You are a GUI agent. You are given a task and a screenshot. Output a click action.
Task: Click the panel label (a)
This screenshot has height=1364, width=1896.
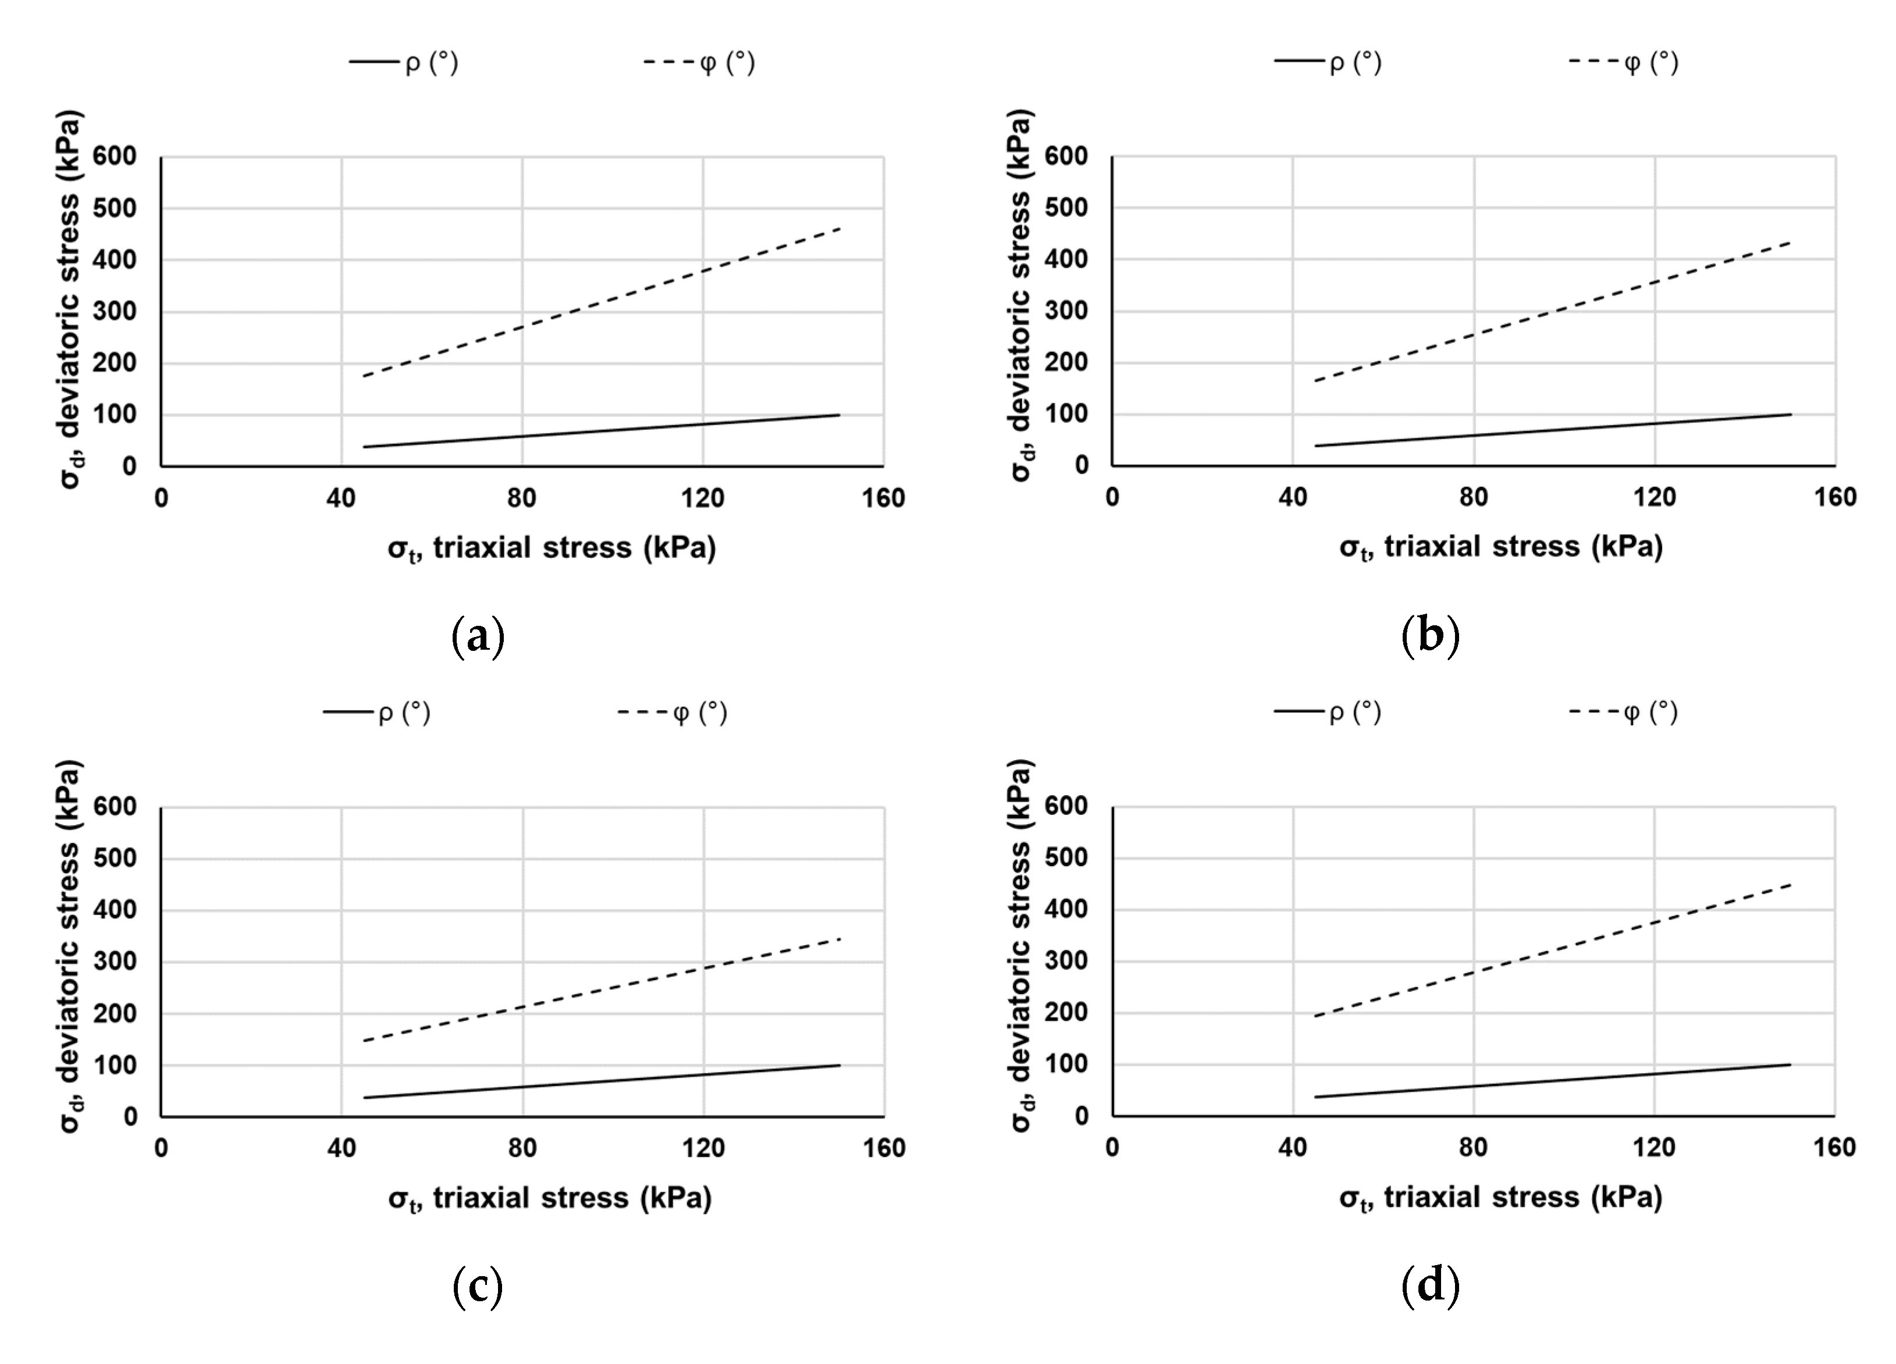pos(477,637)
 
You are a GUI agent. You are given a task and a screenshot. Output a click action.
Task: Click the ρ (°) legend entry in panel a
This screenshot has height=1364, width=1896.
pos(404,63)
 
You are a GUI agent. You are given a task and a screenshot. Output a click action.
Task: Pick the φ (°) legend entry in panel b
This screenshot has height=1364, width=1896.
pos(1624,63)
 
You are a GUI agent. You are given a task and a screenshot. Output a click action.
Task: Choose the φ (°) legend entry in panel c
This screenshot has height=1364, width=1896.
pos(673,713)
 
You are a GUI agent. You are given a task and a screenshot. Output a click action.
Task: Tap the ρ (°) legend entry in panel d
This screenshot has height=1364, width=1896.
pos(1328,712)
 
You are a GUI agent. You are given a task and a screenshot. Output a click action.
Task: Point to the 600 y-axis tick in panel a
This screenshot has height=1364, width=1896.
pos(115,156)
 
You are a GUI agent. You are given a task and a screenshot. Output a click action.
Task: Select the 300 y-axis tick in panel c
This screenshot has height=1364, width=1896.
pos(115,962)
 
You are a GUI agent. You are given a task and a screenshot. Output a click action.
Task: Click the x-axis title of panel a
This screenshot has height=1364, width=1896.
pos(552,549)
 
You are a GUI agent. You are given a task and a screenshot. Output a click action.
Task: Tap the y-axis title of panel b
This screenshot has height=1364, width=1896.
pos(1021,297)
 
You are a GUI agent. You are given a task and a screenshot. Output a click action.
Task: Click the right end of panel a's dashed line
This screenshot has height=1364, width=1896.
pos(839,228)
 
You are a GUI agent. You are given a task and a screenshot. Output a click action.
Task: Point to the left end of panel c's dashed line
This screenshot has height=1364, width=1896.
pos(365,1041)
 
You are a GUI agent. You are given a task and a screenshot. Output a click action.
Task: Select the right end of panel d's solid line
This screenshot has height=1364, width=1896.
pos(1790,1064)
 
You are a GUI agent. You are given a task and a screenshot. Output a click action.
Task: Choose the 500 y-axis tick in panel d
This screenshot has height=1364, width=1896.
pos(1066,857)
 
